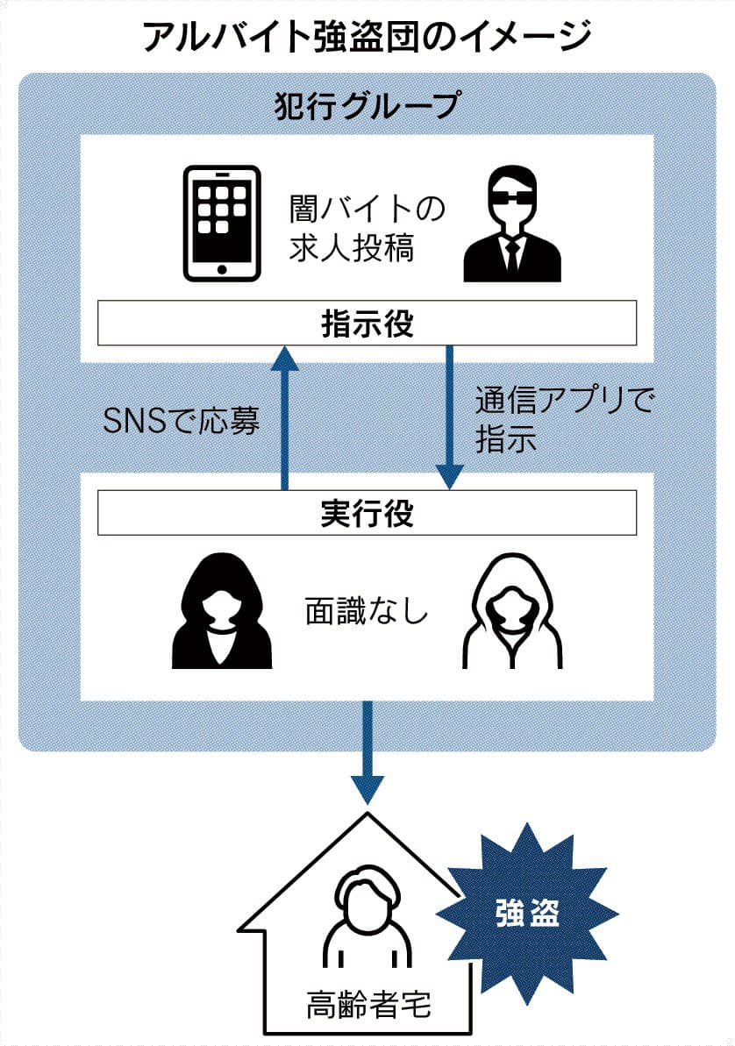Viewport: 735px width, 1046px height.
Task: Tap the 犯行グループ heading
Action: pyautogui.click(x=367, y=105)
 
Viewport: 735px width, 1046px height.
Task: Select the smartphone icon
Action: pyautogui.click(x=222, y=224)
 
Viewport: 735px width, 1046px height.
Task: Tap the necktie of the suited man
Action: pyautogui.click(x=510, y=254)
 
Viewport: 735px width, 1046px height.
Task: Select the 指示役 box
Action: pyautogui.click(x=367, y=323)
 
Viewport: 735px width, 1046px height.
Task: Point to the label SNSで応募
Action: pyautogui.click(x=182, y=421)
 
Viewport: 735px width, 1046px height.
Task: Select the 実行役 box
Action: pyautogui.click(x=367, y=513)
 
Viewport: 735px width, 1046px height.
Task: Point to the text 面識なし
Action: pyautogui.click(x=367, y=611)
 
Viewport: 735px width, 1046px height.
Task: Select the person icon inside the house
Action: pyautogui.click(x=367, y=925)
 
